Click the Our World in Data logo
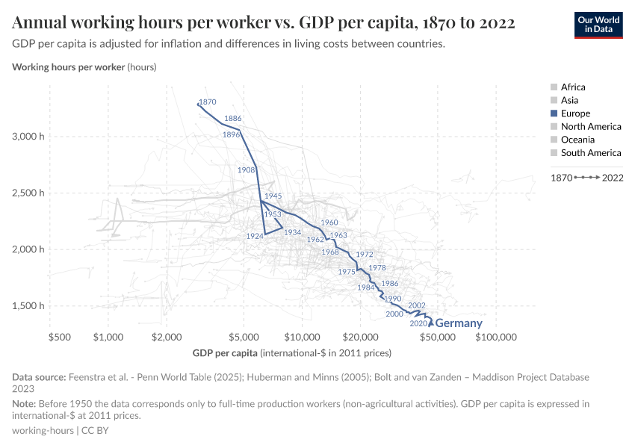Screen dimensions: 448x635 click(598, 25)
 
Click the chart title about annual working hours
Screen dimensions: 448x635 click(264, 22)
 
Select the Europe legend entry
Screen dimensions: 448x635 click(575, 113)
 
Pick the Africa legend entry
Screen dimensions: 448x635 click(573, 87)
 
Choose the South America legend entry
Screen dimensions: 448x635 click(590, 153)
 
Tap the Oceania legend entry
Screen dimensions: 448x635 click(577, 140)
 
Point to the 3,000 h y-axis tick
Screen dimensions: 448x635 click(28, 137)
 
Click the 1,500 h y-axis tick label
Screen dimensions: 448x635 click(28, 306)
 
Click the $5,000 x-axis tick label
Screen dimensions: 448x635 click(243, 337)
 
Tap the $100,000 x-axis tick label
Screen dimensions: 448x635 click(496, 337)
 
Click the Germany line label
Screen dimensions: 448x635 click(458, 324)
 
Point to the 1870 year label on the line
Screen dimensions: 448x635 click(208, 102)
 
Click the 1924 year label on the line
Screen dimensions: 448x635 click(253, 236)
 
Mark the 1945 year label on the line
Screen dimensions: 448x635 click(273, 196)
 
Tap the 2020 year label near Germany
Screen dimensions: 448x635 click(418, 324)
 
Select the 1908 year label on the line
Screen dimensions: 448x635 click(246, 170)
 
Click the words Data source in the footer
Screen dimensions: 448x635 click(40, 377)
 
